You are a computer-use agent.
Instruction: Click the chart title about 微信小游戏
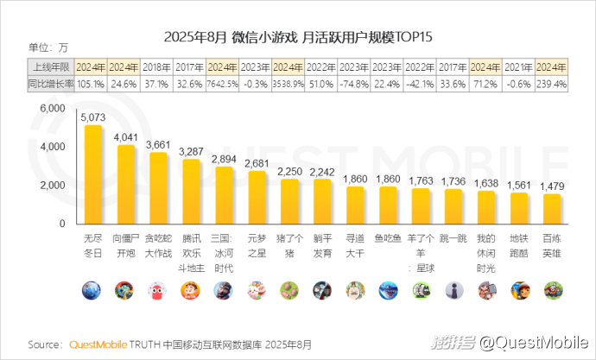[x=298, y=38]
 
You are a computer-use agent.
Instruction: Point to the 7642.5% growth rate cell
[x=222, y=84]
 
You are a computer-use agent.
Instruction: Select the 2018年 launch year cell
[x=156, y=66]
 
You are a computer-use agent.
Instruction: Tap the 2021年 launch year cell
[x=517, y=66]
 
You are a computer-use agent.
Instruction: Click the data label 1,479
[x=551, y=186]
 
